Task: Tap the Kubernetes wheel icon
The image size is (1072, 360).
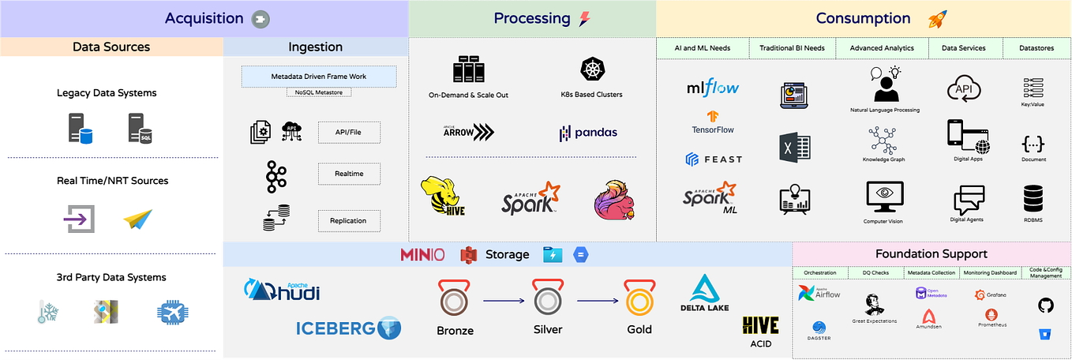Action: (590, 69)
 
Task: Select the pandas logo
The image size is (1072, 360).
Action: (588, 133)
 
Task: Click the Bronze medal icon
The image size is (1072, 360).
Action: (455, 299)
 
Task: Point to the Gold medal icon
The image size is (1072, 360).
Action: (639, 299)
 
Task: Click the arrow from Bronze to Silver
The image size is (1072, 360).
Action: (504, 300)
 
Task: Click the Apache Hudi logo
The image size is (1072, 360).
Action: (282, 291)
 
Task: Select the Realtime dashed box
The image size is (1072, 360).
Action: (349, 174)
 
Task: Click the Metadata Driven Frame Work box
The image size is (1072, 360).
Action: (318, 77)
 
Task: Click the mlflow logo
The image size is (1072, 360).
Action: (713, 87)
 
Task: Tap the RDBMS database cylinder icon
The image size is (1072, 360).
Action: (1033, 198)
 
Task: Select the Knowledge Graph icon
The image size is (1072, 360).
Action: (883, 140)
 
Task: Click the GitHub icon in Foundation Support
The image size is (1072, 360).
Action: (1045, 305)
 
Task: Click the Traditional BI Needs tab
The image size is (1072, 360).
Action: (792, 48)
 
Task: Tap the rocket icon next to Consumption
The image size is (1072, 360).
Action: (938, 19)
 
